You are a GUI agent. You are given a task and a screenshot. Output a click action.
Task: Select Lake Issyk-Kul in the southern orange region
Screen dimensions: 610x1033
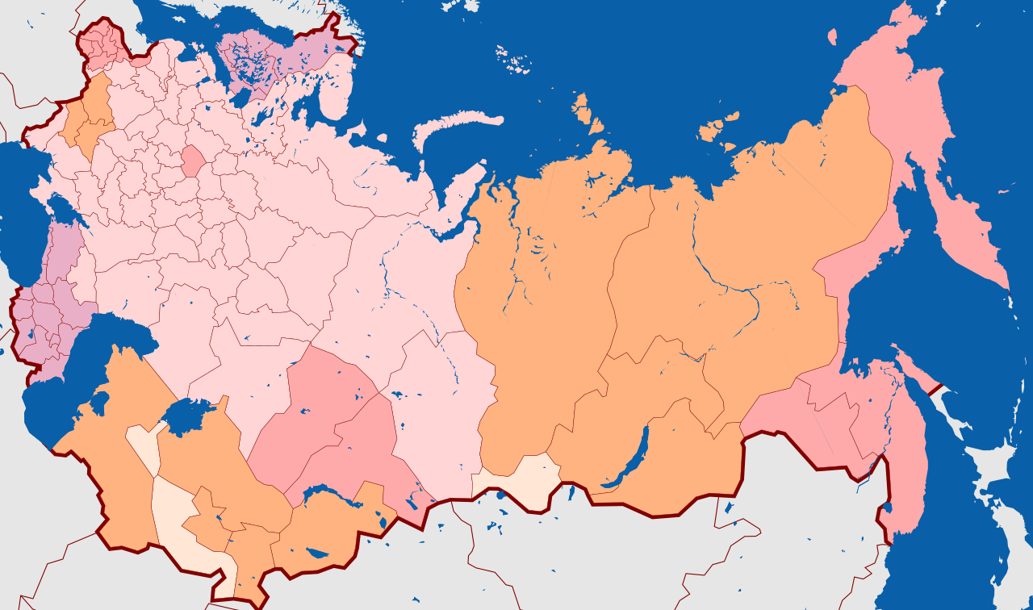(x=317, y=554)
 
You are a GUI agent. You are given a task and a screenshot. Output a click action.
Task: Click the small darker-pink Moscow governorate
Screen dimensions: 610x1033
(x=194, y=161)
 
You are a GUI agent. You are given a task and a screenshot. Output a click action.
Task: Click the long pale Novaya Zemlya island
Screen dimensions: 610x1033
(x=456, y=129)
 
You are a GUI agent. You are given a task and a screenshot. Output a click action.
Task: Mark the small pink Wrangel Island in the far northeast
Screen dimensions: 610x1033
(x=832, y=36)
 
